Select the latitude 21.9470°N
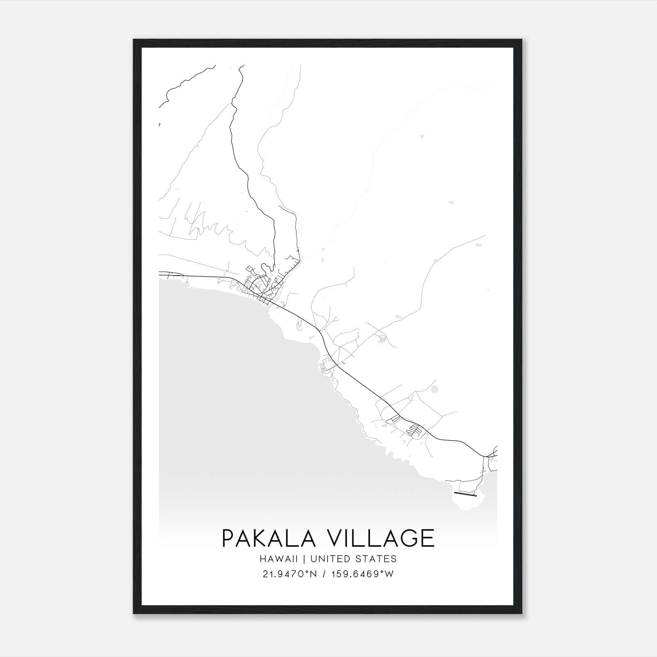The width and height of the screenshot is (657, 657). click(289, 574)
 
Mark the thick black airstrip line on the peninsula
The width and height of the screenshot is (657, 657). click(466, 494)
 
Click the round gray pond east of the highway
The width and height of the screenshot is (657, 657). click(434, 389)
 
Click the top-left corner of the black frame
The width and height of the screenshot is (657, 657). click(134, 40)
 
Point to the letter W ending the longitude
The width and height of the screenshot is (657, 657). click(390, 574)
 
